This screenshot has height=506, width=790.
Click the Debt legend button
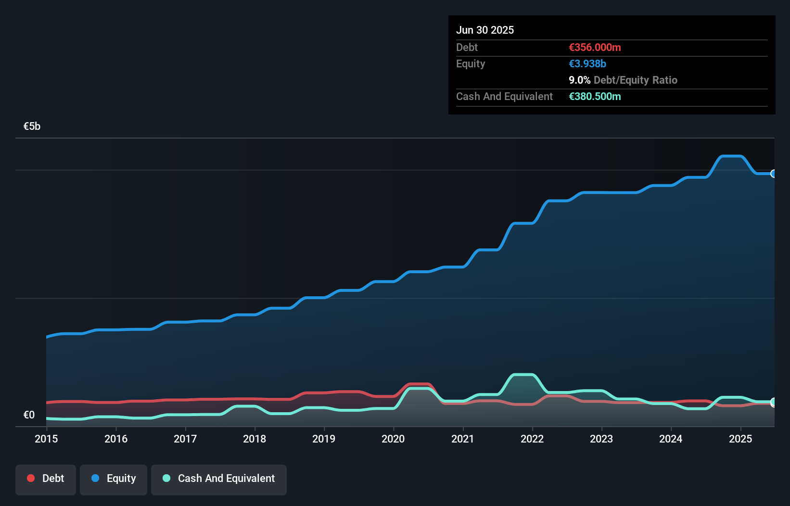pyautogui.click(x=46, y=479)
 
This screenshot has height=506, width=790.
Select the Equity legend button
pyautogui.click(x=114, y=479)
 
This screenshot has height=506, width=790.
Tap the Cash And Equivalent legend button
pyautogui.click(x=219, y=479)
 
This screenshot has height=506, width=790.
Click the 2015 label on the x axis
pyautogui.click(x=46, y=439)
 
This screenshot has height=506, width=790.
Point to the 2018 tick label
pyautogui.click(x=255, y=439)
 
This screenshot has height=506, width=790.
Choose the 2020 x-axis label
pyautogui.click(x=393, y=439)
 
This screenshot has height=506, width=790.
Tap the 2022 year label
pyautogui.click(x=532, y=439)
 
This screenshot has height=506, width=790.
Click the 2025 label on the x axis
pyautogui.click(x=740, y=439)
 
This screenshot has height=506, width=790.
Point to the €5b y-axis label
pyautogui.click(x=32, y=126)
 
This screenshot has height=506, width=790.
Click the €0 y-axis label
pyautogui.click(x=29, y=415)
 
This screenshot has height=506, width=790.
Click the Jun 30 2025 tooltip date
pyautogui.click(x=485, y=30)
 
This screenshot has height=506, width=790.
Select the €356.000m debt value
pyautogui.click(x=595, y=47)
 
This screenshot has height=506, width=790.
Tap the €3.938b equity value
pyautogui.click(x=587, y=63)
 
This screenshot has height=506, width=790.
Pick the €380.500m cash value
pyautogui.click(x=595, y=96)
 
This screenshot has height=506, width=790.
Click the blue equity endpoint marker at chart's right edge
pyautogui.click(x=774, y=174)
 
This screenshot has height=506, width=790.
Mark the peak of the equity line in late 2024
pyautogui.click(x=731, y=156)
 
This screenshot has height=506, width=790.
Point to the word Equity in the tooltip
pyautogui.click(x=471, y=63)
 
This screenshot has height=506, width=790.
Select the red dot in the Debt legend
pyautogui.click(x=31, y=478)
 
